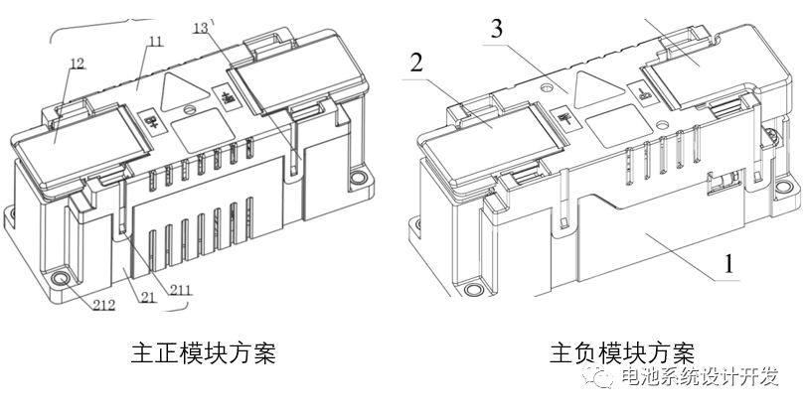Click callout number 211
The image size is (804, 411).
tap(179, 290)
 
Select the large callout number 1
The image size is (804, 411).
tap(727, 264)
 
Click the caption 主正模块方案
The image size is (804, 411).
tap(203, 352)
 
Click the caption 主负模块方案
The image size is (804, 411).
tap(621, 352)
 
